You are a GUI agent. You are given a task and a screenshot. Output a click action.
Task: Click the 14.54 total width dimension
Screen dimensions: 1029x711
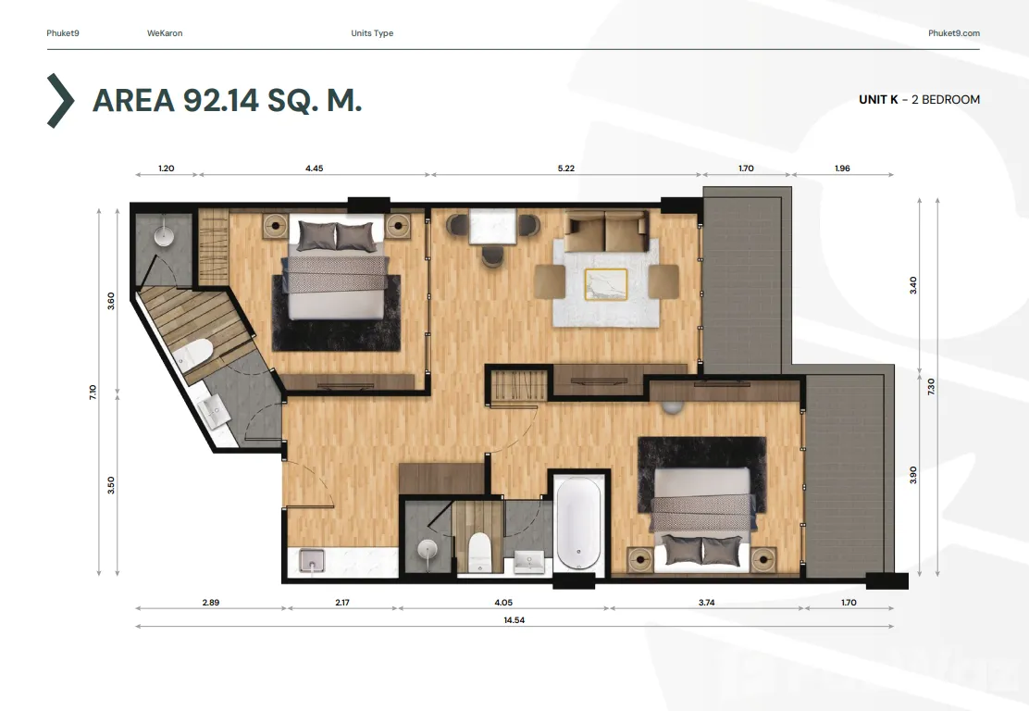(x=514, y=619)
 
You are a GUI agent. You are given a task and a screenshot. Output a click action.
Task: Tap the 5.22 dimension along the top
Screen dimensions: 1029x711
(x=565, y=168)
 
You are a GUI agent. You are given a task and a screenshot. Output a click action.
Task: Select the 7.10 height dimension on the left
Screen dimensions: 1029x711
(x=93, y=393)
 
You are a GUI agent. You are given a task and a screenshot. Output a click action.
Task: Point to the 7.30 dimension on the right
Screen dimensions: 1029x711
(x=931, y=386)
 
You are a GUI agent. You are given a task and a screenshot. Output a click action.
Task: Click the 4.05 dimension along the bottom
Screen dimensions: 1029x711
(x=503, y=602)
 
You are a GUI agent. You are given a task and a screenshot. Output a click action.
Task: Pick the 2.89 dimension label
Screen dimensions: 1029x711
(x=211, y=602)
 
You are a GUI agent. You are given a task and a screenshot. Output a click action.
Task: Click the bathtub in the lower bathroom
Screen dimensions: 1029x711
(x=578, y=523)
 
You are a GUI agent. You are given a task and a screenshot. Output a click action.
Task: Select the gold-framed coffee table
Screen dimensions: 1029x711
(x=606, y=284)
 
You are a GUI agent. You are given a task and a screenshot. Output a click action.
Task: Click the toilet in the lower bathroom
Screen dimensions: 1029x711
(x=479, y=552)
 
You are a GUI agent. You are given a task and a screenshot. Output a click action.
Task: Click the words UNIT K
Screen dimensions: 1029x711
(x=878, y=100)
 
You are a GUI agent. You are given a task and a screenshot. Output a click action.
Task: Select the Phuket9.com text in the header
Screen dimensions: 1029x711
(x=953, y=32)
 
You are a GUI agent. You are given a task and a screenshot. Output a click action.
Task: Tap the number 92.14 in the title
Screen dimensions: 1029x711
(x=222, y=100)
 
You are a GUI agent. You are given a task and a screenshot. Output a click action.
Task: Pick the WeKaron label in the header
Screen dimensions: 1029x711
(x=165, y=32)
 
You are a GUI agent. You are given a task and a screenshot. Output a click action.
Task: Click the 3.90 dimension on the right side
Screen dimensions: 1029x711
(x=912, y=475)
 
